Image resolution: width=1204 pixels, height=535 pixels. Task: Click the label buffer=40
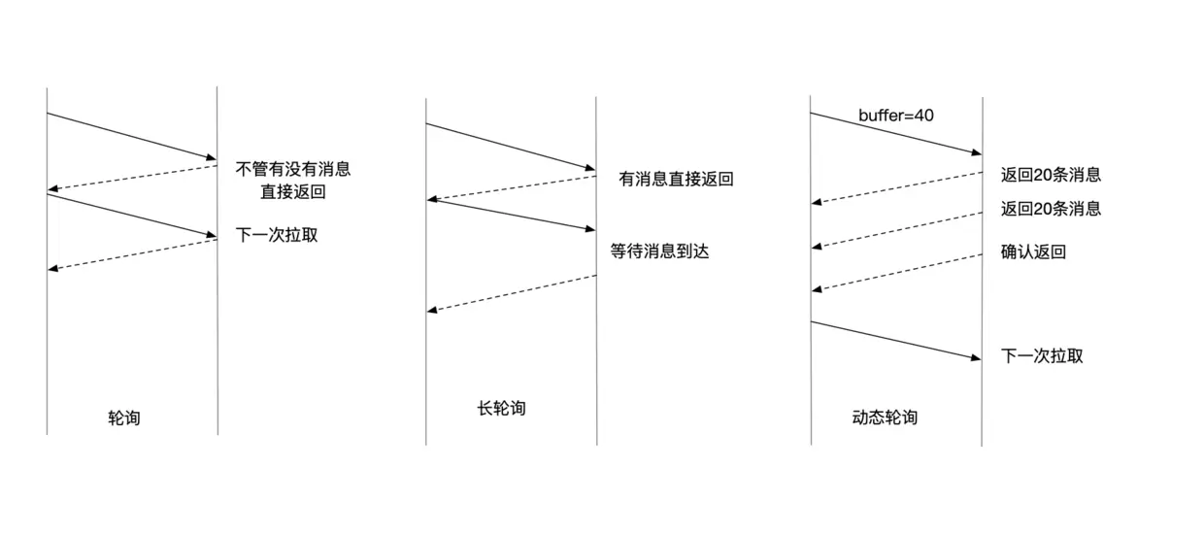click(895, 116)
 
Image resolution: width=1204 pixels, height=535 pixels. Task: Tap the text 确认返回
click(1033, 252)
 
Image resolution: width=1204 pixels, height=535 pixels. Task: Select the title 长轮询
click(501, 408)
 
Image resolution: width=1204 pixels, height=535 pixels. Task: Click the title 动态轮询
click(885, 418)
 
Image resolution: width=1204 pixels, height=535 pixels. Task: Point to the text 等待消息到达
click(660, 251)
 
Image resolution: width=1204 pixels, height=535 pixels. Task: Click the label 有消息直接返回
click(676, 180)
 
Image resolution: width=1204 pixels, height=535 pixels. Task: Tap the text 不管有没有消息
click(292, 169)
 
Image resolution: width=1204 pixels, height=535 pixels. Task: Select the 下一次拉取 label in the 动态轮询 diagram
click(1042, 355)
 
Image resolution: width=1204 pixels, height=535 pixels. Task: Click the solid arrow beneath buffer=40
click(895, 133)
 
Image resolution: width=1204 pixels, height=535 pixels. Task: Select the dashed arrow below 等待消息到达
click(512, 293)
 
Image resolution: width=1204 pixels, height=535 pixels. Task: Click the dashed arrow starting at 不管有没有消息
click(132, 178)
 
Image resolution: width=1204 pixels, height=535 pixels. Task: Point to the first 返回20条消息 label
click(1051, 176)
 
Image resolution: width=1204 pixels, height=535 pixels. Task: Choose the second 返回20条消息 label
click(1051, 209)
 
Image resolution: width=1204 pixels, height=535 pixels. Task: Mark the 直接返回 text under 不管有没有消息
click(292, 192)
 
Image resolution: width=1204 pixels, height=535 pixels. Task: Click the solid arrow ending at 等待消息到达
click(512, 215)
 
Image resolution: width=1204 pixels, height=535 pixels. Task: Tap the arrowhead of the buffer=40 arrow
click(976, 152)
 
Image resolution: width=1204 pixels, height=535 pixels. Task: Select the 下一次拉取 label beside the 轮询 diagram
click(277, 234)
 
